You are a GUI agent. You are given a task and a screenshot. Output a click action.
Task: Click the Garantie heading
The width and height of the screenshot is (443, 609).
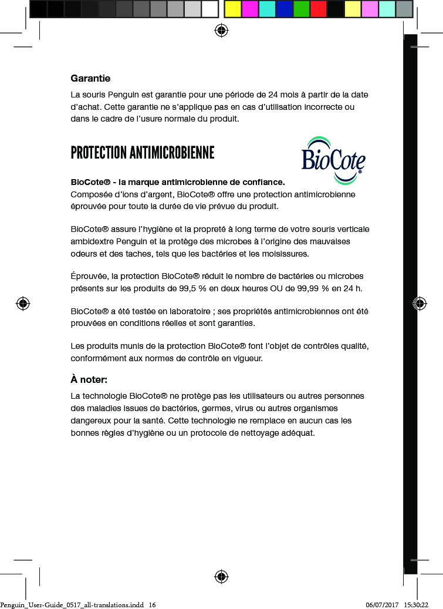coord(90,78)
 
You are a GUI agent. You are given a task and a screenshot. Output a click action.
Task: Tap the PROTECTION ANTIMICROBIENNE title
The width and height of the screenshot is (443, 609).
coord(143,153)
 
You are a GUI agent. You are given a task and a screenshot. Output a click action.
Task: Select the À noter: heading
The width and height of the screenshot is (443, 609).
coord(89,379)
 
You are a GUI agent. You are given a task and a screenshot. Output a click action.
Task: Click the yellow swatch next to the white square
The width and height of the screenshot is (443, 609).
coord(233,9)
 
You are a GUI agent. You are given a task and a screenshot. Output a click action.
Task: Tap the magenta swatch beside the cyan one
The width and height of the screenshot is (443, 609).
coord(250,9)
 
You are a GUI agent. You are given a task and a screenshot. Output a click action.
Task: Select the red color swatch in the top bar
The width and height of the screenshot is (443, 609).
coord(319,9)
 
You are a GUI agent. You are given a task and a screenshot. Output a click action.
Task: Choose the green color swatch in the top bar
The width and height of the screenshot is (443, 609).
coord(302,9)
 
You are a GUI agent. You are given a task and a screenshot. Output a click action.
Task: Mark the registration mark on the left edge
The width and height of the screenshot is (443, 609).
coord(23,303)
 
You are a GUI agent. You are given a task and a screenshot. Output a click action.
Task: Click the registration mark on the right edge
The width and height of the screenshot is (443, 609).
coord(420,303)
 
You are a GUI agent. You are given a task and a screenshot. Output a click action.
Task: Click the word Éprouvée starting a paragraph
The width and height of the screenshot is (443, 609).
coord(89,276)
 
